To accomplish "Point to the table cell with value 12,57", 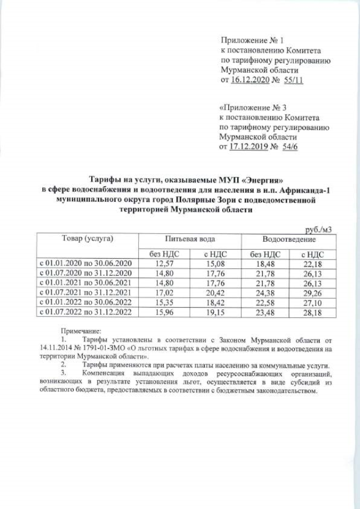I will pyautogui.click(x=166, y=263).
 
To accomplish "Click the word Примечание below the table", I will pyautogui.click(x=80, y=332).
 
